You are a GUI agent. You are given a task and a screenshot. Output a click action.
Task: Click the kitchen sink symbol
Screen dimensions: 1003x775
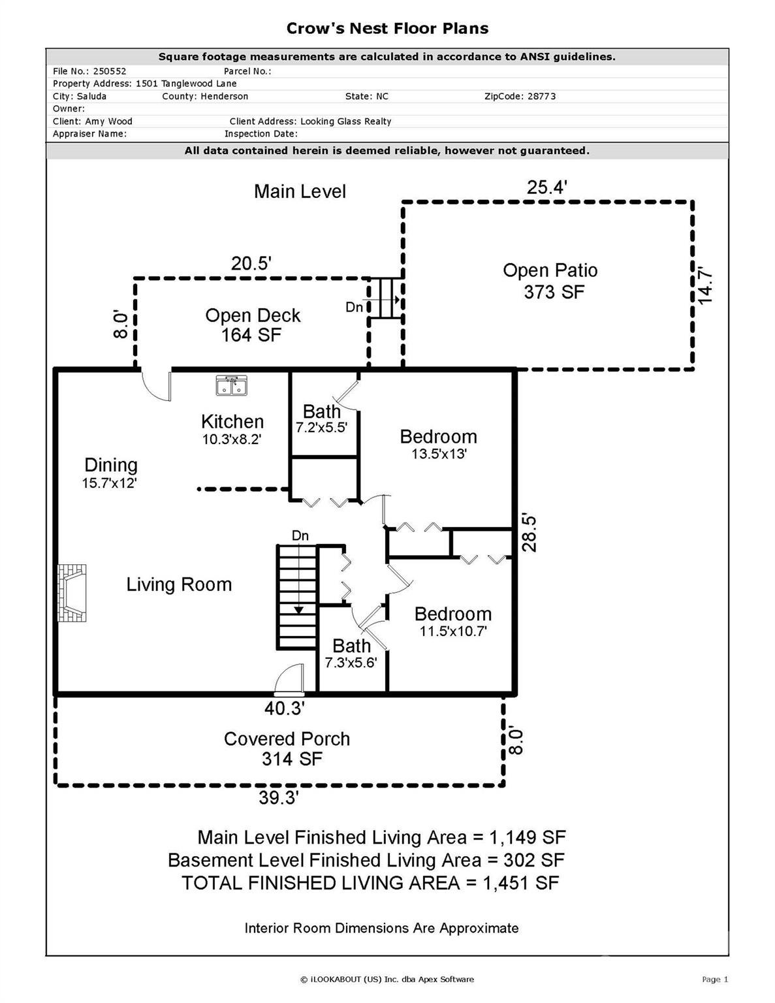(x=231, y=385)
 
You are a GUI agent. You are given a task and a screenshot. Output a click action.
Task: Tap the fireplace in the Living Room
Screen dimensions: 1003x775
(x=72, y=592)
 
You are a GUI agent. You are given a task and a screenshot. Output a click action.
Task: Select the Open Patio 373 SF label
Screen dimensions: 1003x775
(x=550, y=281)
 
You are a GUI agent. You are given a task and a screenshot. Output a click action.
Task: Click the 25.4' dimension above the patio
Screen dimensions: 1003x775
(x=546, y=187)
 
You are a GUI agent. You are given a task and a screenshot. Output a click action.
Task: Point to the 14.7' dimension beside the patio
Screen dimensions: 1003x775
(x=705, y=285)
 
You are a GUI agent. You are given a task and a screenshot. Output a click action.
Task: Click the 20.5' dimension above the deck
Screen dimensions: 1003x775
(x=251, y=263)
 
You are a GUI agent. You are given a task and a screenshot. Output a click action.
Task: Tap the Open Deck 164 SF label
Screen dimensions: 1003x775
(x=252, y=325)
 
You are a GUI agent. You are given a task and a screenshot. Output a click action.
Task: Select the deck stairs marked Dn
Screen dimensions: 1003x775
(x=385, y=298)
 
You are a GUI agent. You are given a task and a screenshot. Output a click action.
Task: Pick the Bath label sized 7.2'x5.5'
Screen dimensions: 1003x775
(x=321, y=419)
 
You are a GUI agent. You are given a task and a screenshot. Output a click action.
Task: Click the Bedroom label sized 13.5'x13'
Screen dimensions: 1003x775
(x=438, y=444)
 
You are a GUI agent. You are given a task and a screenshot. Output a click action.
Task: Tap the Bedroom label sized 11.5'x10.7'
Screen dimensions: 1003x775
(x=452, y=621)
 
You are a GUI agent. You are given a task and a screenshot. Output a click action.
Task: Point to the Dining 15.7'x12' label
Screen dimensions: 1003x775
(x=110, y=473)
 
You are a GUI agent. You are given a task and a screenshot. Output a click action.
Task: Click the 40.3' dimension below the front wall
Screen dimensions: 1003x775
(x=284, y=708)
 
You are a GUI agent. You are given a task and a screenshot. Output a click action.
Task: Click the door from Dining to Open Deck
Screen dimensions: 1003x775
(x=156, y=385)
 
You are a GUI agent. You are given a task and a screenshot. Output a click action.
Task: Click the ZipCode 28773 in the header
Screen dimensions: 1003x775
(x=520, y=96)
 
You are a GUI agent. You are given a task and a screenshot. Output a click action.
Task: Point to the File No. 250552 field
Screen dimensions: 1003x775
(x=89, y=71)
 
